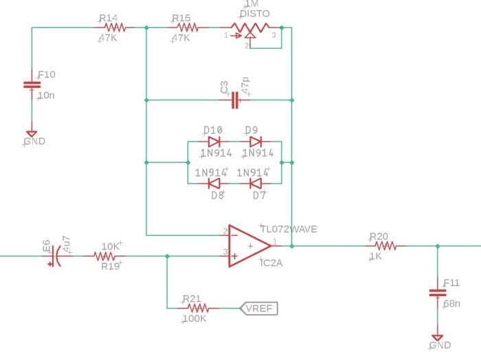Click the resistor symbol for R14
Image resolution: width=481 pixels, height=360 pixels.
(115, 28)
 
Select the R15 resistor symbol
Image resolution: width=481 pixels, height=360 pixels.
(188, 28)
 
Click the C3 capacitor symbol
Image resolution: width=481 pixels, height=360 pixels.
(235, 100)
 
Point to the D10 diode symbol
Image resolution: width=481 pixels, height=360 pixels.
(214, 142)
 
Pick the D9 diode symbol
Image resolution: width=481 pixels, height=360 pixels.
(255, 142)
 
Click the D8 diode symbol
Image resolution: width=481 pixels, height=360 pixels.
(214, 183)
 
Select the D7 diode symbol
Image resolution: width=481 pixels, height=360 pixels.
(255, 183)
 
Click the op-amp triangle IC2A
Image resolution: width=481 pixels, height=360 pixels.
(249, 246)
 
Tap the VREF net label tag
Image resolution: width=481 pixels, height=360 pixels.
(259, 308)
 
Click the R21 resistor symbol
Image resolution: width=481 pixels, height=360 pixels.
(198, 308)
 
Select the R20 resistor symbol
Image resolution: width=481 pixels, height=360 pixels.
(385, 246)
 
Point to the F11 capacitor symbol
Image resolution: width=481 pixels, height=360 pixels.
(438, 293)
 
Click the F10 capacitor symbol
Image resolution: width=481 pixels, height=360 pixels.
(32, 85)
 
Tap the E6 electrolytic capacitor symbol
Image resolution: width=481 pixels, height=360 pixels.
(54, 256)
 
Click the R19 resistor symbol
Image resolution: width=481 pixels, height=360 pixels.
(104, 256)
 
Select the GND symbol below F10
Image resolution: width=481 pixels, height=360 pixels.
(32, 134)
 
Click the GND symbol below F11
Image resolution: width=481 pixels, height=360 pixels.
(438, 337)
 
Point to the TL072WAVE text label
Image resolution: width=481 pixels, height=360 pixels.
(289, 229)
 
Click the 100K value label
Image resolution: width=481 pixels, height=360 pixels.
(194, 319)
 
